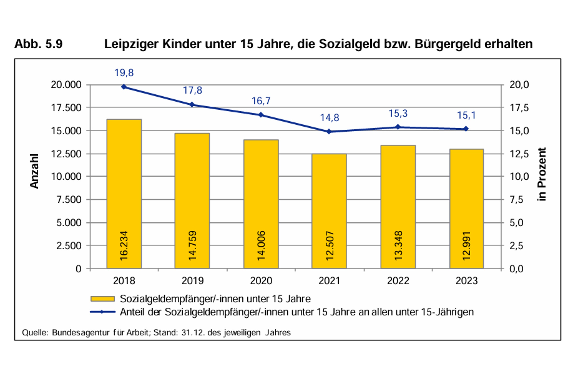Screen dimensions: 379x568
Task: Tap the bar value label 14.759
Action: (192, 245)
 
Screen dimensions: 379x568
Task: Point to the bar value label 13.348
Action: (398, 245)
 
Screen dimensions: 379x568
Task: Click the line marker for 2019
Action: (192, 105)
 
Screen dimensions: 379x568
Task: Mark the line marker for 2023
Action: (466, 129)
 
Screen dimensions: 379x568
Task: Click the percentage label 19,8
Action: (124, 73)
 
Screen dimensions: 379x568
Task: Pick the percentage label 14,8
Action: (329, 118)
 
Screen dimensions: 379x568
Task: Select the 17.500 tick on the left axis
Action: (66, 108)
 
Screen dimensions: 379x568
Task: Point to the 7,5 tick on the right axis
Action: (517, 200)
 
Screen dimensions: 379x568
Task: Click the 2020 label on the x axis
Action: (261, 281)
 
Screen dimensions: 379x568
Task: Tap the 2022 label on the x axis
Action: (398, 281)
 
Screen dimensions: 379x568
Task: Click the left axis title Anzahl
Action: (34, 171)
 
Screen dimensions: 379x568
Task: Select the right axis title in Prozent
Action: (542, 174)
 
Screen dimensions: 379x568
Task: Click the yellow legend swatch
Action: (102, 299)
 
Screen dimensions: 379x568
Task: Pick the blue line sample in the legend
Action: (102, 312)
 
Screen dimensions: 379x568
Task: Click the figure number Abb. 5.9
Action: (38, 44)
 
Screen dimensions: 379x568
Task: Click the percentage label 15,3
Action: (398, 113)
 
